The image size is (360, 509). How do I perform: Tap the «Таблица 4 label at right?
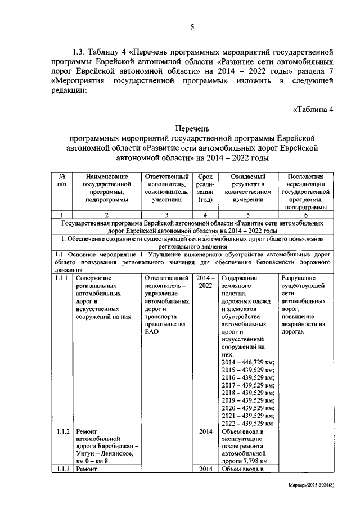pyautogui.click(x=314, y=109)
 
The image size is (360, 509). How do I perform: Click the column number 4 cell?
pyautogui.click(x=205, y=215)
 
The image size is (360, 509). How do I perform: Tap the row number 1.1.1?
pyautogui.click(x=62, y=278)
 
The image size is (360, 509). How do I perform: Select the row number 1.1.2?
pyautogui.click(x=62, y=431)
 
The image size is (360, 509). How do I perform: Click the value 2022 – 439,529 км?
pyautogui.click(x=247, y=423)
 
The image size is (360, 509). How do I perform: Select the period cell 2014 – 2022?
pyautogui.click(x=205, y=282)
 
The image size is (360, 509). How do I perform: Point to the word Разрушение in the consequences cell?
pyautogui.click(x=298, y=278)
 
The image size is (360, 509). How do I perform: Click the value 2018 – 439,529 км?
pyautogui.click(x=247, y=394)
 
